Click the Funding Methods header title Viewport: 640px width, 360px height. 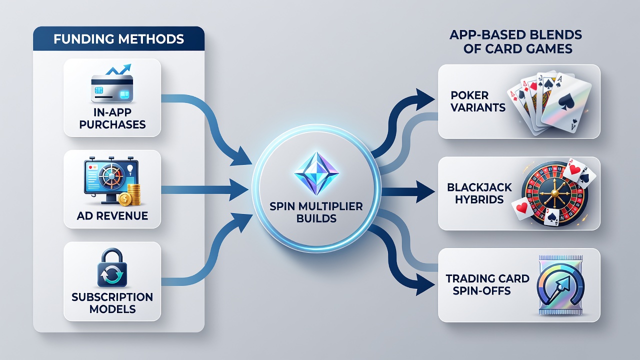point(118,39)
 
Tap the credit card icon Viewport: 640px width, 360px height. point(111,88)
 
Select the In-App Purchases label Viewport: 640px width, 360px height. point(112,118)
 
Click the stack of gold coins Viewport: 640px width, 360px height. point(130,195)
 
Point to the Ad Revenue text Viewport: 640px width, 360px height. point(112,215)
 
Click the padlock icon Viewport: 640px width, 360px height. point(112,267)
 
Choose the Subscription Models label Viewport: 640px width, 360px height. point(112,303)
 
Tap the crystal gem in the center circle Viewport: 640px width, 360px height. point(316,173)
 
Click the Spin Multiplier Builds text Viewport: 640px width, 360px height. point(316,212)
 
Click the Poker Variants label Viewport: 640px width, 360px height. point(477,101)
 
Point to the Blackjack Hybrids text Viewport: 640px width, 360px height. point(479,193)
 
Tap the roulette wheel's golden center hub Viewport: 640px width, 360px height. point(554,193)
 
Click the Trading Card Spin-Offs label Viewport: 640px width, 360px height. point(487,284)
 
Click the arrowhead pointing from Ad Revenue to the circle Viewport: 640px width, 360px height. point(238,189)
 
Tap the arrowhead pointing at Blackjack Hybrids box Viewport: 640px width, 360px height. point(425,191)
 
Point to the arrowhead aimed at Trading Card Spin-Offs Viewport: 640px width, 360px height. point(425,284)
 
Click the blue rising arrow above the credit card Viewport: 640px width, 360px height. point(118,69)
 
